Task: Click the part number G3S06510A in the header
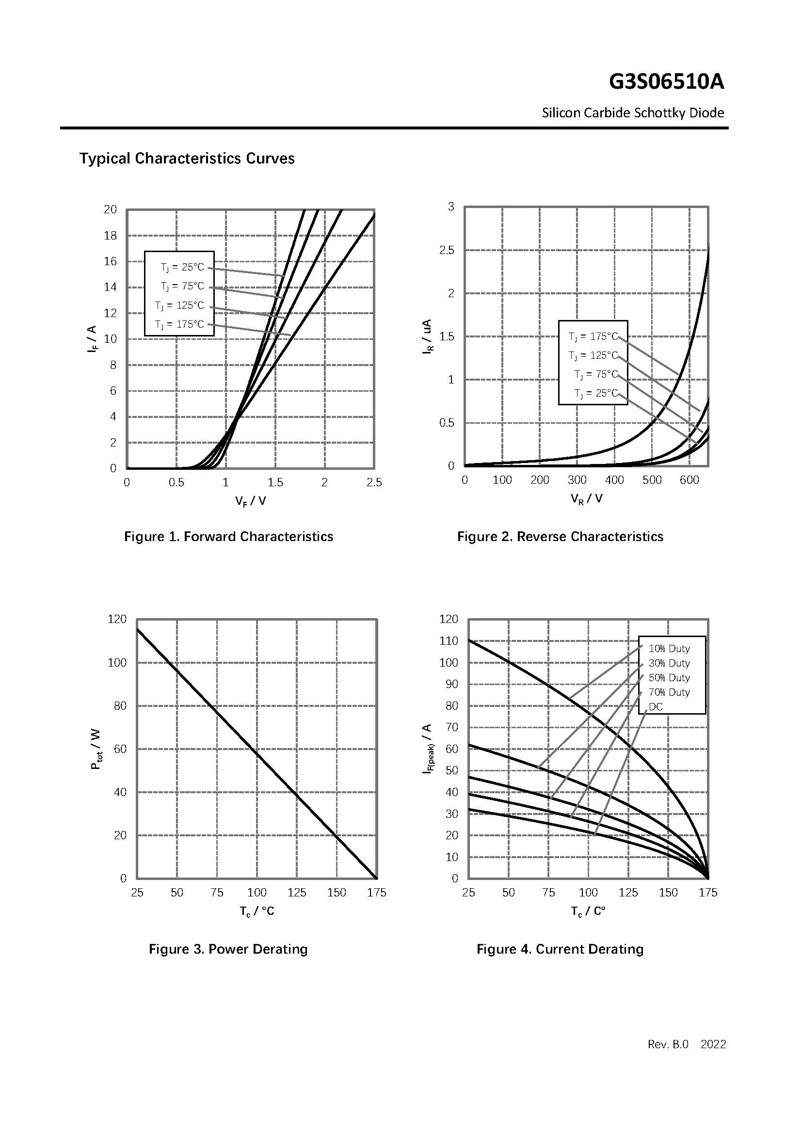tap(666, 82)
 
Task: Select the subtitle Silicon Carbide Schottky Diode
tap(633, 113)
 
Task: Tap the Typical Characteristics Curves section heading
tap(187, 159)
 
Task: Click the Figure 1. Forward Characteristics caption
tap(228, 536)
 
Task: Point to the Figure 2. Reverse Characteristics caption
tap(560, 536)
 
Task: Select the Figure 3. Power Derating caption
tap(228, 949)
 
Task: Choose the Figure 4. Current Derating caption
tap(560, 949)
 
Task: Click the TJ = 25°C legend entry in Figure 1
tap(182, 267)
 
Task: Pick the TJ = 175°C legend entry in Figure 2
tap(593, 337)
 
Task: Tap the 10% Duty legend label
tap(669, 649)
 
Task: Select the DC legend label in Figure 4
tap(656, 707)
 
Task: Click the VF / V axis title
tap(250, 501)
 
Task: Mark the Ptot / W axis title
tap(96, 749)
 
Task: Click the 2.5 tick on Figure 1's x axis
tap(374, 483)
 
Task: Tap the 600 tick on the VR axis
tap(689, 480)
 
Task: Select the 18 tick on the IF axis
tap(110, 236)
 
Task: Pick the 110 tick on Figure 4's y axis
tap(449, 641)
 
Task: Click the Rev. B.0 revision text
tap(668, 1045)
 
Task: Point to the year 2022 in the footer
tap(713, 1045)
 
